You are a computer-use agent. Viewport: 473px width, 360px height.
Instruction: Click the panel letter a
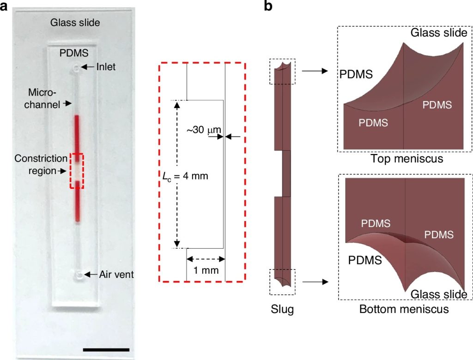click(5, 6)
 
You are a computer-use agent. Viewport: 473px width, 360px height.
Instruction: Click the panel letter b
click(268, 6)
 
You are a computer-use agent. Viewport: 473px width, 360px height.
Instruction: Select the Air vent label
click(116, 275)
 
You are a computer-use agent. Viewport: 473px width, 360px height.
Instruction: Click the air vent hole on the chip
click(79, 275)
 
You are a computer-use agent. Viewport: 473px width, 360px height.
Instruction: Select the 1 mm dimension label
click(206, 270)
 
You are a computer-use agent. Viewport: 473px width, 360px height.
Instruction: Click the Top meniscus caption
click(406, 159)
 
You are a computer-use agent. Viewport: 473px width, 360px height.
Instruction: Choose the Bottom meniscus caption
click(404, 309)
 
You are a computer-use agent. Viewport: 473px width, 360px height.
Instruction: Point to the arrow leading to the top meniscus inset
click(315, 71)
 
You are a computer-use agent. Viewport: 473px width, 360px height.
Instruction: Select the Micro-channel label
click(44, 98)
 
